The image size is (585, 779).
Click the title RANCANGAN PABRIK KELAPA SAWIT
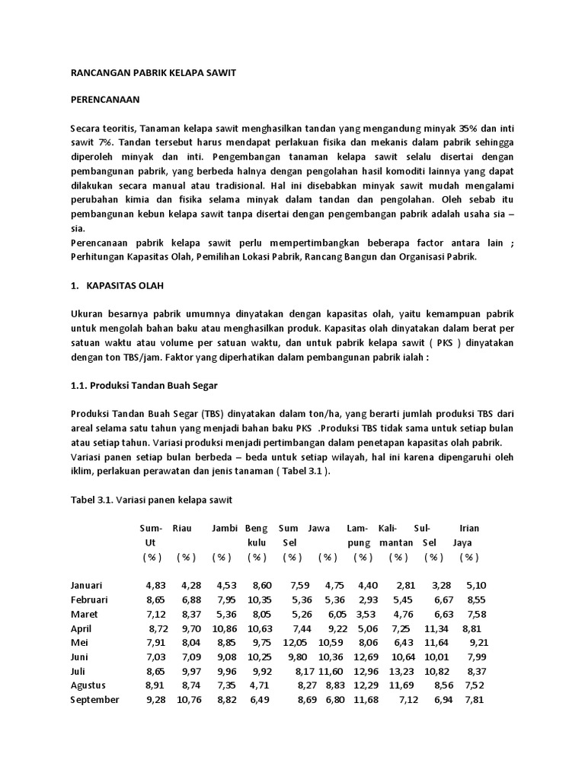153,72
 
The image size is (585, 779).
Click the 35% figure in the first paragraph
462,128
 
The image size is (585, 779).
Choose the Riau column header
182,528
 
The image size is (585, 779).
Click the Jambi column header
225,528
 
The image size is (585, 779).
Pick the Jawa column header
318,528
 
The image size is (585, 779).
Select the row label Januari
86,585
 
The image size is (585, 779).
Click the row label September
94,699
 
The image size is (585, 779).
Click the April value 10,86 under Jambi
225,628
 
